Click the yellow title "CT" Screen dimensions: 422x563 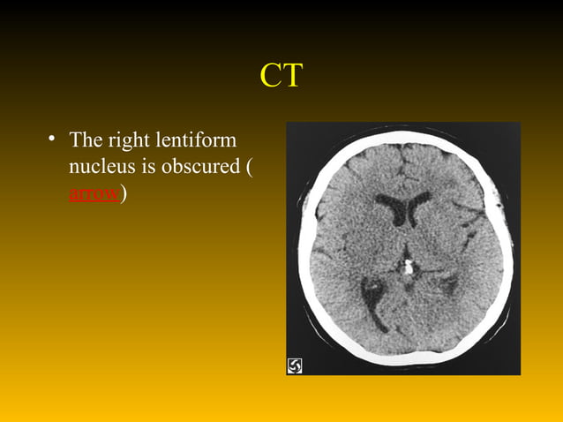[281, 76]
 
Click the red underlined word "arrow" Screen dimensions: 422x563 [94, 194]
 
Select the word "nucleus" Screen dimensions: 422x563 [99, 166]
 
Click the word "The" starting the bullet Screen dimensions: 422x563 [87, 139]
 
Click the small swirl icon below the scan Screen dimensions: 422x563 [295, 365]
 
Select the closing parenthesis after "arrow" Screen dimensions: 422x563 [126, 194]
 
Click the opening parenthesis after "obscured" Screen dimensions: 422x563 [249, 167]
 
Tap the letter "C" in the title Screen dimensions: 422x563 [270, 76]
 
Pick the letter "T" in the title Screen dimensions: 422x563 [292, 76]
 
